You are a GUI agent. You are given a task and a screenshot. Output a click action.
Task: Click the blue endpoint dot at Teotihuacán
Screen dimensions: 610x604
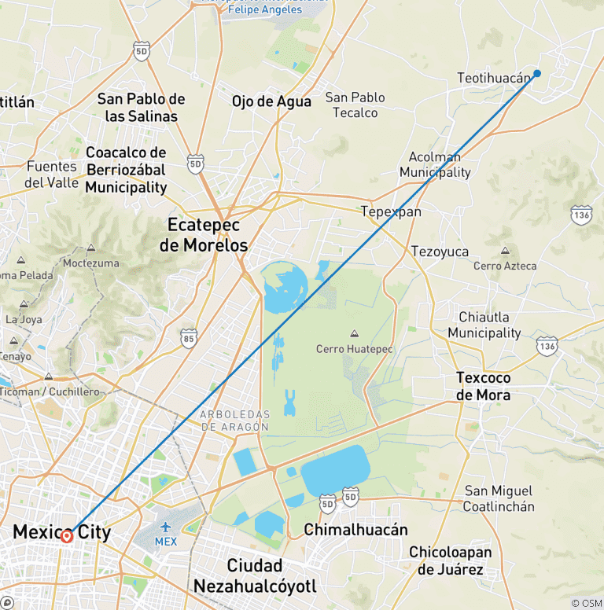pyautogui.click(x=537, y=74)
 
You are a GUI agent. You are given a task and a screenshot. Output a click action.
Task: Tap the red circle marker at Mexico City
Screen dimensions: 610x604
pyautogui.click(x=67, y=536)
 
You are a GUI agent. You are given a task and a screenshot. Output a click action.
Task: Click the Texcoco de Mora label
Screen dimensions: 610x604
pyautogui.click(x=483, y=387)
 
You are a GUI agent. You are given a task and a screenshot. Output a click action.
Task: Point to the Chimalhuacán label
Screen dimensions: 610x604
pyautogui.click(x=355, y=530)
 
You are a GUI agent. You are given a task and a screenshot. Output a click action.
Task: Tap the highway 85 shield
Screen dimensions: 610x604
pyautogui.click(x=188, y=338)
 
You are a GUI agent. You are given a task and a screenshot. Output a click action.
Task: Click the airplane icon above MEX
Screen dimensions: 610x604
pyautogui.click(x=166, y=527)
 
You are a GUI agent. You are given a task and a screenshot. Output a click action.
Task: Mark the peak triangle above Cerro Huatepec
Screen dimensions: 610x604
pyautogui.click(x=352, y=333)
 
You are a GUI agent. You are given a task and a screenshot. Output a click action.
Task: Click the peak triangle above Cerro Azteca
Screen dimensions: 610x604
pyautogui.click(x=504, y=252)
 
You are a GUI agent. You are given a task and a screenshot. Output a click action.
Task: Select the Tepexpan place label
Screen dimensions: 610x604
pyautogui.click(x=391, y=211)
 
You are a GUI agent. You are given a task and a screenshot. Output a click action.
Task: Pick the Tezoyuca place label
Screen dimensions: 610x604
pyautogui.click(x=440, y=252)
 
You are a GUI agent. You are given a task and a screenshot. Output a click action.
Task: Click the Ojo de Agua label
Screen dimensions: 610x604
pyautogui.click(x=271, y=101)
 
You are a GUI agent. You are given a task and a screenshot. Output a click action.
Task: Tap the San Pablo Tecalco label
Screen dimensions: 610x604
pyautogui.click(x=355, y=105)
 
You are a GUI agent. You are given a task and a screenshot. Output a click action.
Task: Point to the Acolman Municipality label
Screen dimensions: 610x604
pyautogui.click(x=435, y=165)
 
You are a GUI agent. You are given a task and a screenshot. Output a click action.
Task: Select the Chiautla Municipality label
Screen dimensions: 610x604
pyautogui.click(x=484, y=325)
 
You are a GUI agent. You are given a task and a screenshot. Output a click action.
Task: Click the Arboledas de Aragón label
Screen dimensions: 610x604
pyautogui.click(x=234, y=421)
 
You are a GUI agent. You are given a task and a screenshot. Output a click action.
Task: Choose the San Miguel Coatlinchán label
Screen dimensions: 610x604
pyautogui.click(x=499, y=498)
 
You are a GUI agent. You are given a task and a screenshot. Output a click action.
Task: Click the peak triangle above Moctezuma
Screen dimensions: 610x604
pyautogui.click(x=91, y=248)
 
